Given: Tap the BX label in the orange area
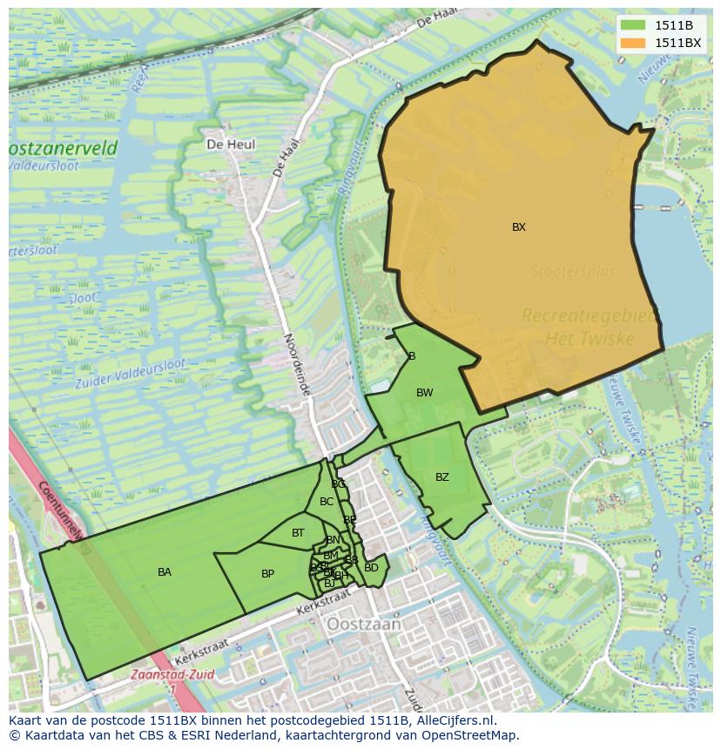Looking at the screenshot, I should (519, 227).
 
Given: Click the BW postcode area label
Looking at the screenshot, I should (424, 393).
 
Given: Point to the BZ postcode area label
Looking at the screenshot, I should (442, 477).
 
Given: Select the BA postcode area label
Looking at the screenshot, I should (165, 572).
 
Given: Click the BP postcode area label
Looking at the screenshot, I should (267, 574).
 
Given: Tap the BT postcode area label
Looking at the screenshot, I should (298, 533).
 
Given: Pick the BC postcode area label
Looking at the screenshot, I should (327, 502).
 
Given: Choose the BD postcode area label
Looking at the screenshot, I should (371, 568).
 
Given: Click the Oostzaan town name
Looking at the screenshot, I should (364, 625).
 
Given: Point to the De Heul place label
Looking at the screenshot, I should (231, 145).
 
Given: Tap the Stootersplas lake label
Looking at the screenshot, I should (573, 272).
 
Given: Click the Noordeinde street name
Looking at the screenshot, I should (297, 365).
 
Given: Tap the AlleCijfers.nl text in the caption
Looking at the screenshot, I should (453, 720).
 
